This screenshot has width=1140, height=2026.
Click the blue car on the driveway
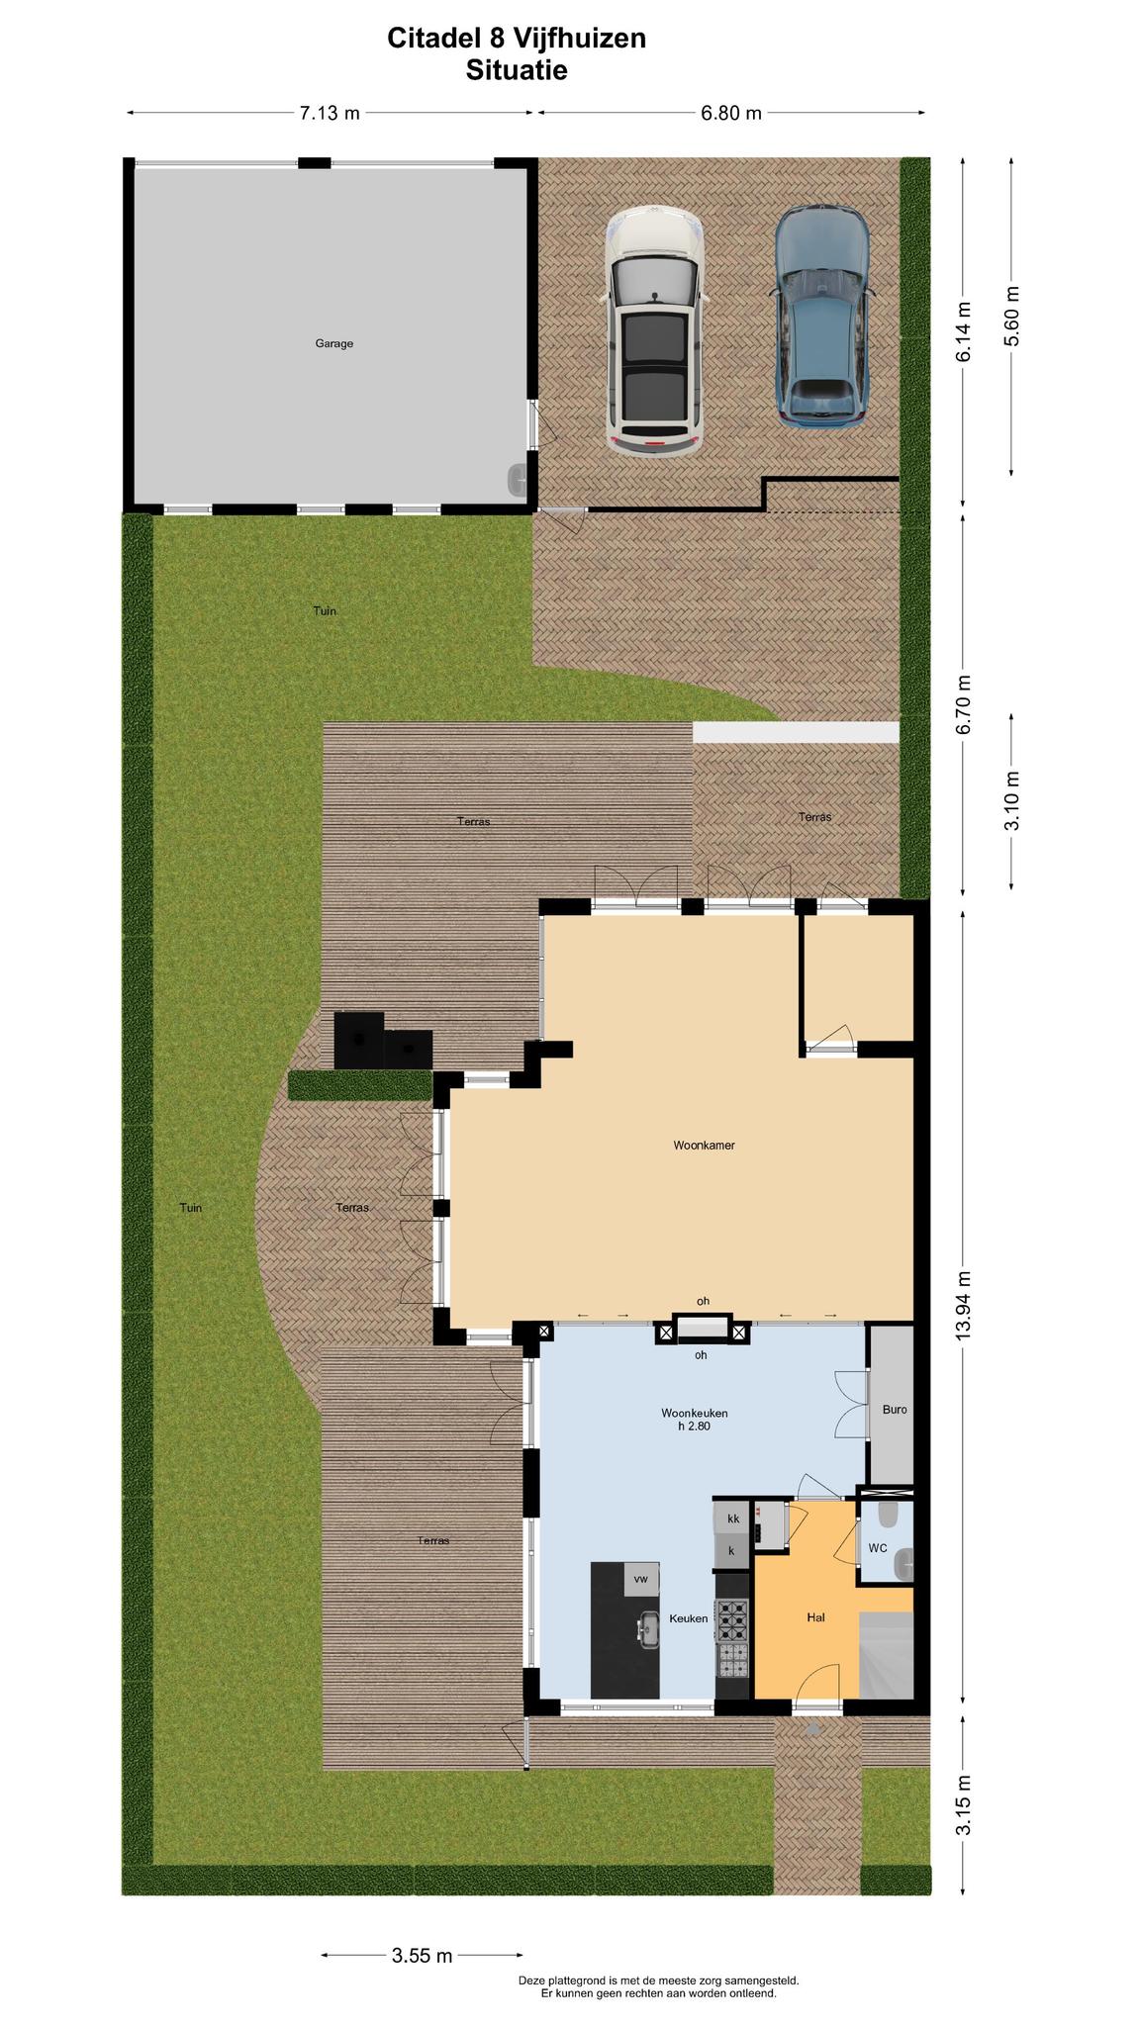tap(822, 317)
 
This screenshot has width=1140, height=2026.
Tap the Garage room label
tap(334, 343)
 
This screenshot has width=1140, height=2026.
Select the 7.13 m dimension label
tap(330, 113)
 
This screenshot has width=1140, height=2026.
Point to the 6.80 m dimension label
tap(731, 113)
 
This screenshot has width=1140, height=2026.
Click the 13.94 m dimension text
tap(964, 1304)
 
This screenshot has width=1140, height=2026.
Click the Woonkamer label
tap(704, 1146)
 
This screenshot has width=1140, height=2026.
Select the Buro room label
tap(895, 1410)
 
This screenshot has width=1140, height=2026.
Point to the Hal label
tap(815, 1617)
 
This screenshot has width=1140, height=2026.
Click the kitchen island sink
tap(649, 1629)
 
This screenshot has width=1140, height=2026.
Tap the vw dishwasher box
tap(641, 1579)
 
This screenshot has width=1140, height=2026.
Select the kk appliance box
tap(733, 1519)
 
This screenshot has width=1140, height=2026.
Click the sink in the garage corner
tap(520, 480)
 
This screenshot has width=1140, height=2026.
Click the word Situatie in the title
tap(517, 70)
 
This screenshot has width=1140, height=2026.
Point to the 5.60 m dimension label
tap(1010, 316)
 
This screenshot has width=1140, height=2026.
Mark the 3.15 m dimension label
tap(964, 1804)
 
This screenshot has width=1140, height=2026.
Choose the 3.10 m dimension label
tap(1010, 801)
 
